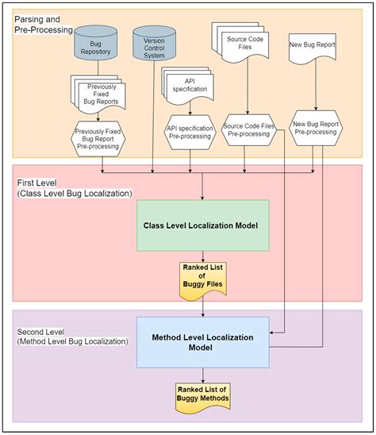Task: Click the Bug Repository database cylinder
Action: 96,43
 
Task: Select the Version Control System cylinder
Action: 154,44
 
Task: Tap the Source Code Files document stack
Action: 240,42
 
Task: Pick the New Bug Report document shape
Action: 313,48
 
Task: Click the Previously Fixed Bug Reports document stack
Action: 98,94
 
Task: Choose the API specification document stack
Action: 188,86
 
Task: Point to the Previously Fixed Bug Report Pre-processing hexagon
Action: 98,139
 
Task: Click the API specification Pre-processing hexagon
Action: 190,133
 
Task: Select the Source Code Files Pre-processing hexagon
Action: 249,130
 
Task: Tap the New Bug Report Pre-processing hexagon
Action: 316,128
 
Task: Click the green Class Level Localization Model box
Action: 203,225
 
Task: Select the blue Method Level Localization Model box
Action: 203,342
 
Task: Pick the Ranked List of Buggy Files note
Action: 203,281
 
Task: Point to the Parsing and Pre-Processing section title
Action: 44,25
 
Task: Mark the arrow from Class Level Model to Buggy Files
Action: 203,256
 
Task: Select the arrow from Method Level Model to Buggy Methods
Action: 203,375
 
